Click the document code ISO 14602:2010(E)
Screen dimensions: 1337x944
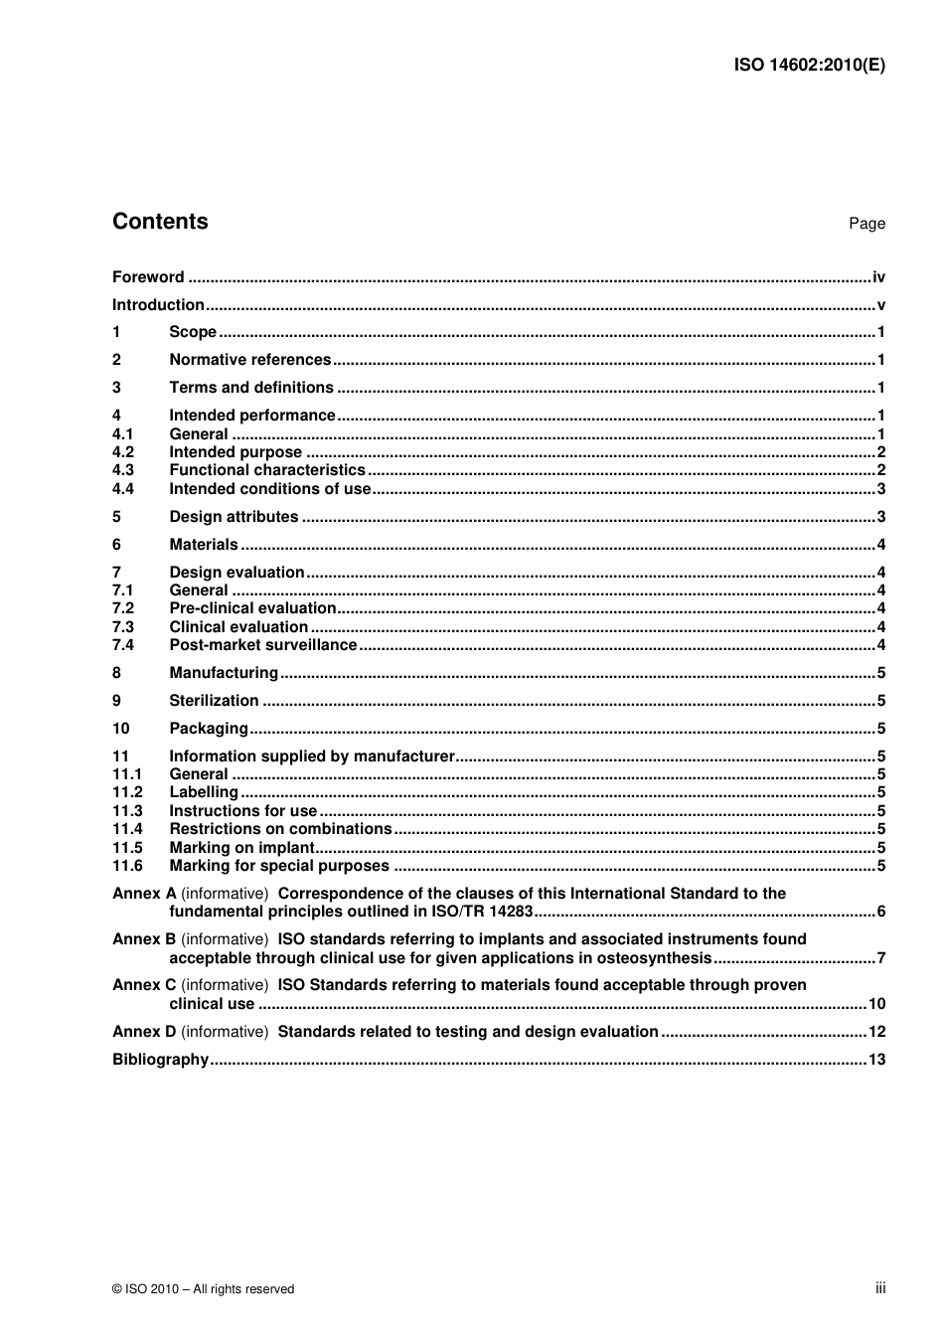click(809, 66)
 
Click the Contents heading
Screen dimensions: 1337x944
click(160, 222)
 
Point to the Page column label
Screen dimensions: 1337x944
click(866, 224)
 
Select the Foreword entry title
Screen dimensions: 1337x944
click(148, 277)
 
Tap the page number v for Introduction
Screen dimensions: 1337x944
click(880, 305)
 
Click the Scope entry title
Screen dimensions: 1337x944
click(193, 332)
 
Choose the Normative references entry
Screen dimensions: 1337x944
click(249, 360)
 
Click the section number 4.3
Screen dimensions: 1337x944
click(123, 470)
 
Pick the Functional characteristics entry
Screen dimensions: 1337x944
click(267, 470)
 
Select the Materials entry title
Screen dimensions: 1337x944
click(204, 545)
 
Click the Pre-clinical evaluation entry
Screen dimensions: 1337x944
click(252, 608)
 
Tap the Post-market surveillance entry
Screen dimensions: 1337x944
click(262, 645)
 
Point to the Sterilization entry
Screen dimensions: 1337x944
click(214, 701)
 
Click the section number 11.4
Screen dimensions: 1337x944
click(127, 829)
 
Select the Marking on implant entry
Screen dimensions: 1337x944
click(241, 848)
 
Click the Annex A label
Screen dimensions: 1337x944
click(144, 894)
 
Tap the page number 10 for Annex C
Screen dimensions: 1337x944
click(876, 1004)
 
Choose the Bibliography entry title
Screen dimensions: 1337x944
click(160, 1060)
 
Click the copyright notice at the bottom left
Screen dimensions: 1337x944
click(204, 1289)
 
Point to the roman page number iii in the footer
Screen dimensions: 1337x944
click(880, 1288)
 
